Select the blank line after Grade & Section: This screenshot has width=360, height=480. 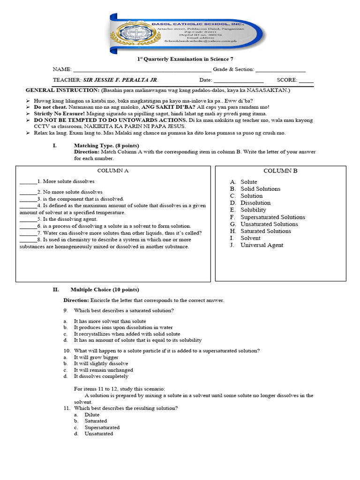(280, 70)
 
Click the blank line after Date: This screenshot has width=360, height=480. (239, 81)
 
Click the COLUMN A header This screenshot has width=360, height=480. (112, 171)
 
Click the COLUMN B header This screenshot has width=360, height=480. (280, 171)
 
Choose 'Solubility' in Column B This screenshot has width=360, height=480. (253, 210)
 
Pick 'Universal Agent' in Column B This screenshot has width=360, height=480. (262, 245)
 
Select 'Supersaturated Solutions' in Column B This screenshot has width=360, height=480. (272, 217)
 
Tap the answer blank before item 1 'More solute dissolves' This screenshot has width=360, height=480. (28, 182)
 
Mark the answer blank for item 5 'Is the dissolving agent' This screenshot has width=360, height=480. (28, 219)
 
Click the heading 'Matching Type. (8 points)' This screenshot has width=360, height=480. (106, 146)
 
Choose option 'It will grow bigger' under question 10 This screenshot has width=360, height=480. (96, 357)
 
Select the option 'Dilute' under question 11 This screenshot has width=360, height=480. (92, 415)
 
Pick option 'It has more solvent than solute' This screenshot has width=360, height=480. (110, 321)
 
